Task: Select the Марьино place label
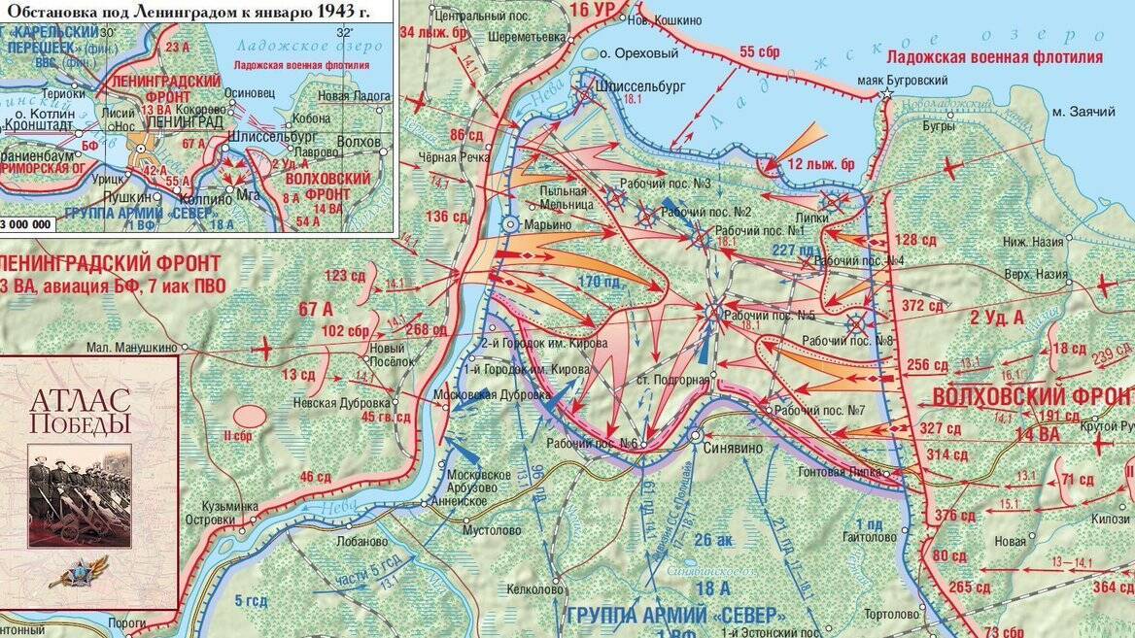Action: pos(548,224)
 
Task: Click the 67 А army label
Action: pos(316,309)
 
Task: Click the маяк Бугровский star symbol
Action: pos(887,94)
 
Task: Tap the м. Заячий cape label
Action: pos(1084,113)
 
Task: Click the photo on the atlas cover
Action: pos(79,494)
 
